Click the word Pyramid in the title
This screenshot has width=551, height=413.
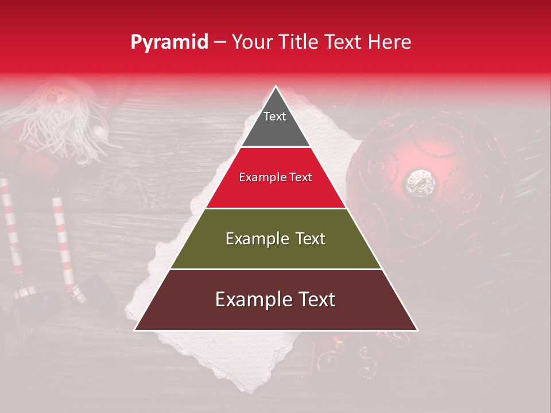[x=169, y=42]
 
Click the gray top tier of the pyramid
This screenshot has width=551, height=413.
[x=275, y=123]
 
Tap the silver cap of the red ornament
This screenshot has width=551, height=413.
[x=421, y=182]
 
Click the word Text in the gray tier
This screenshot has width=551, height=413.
[x=274, y=116]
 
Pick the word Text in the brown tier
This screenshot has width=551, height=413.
[x=313, y=299]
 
